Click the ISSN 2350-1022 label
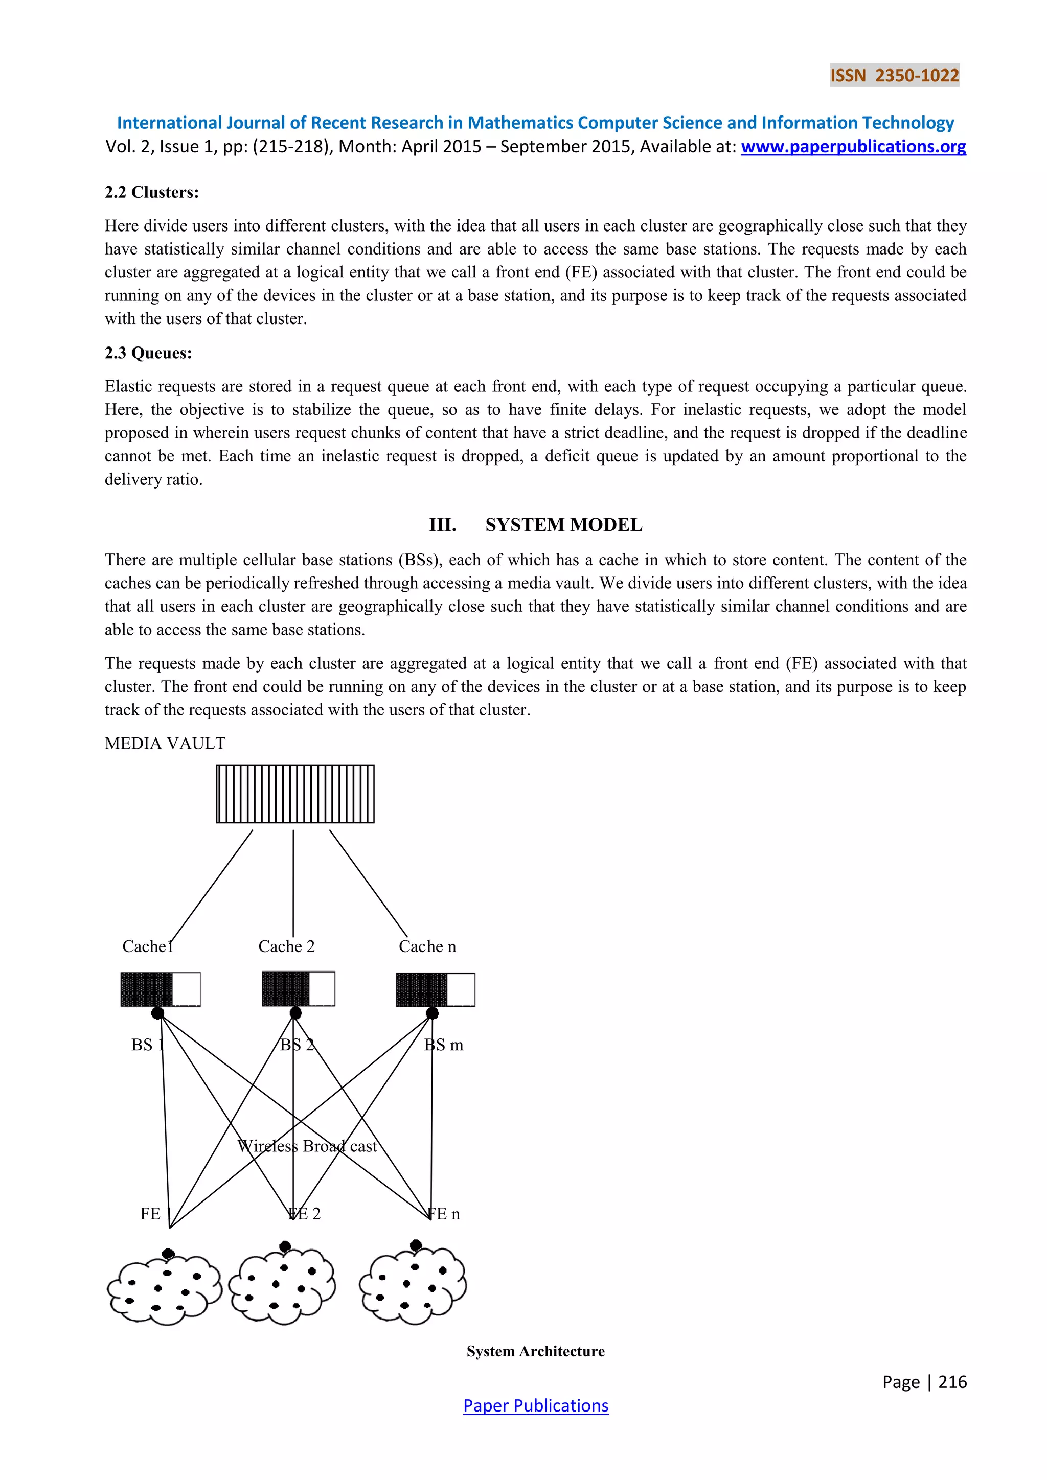click(x=894, y=76)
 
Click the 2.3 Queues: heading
click(x=148, y=353)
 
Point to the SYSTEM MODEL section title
click(x=563, y=525)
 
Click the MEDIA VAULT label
click(x=165, y=743)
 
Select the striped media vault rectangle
click(x=295, y=794)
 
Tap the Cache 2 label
click(x=286, y=946)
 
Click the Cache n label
click(x=427, y=946)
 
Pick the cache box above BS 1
click(x=161, y=989)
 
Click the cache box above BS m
click(x=435, y=989)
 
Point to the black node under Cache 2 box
click(x=295, y=1013)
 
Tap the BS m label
click(x=444, y=1045)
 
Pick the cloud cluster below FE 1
click(x=165, y=1288)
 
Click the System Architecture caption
click(x=535, y=1351)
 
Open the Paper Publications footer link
click(x=535, y=1406)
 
